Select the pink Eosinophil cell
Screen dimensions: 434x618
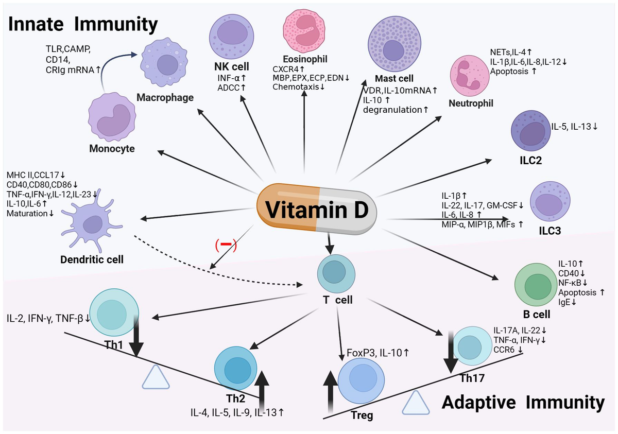[x=305, y=32]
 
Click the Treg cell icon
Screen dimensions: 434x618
[x=360, y=380]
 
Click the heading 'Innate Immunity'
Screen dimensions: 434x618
[x=82, y=24]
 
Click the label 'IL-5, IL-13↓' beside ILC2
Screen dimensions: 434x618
[x=574, y=126]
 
